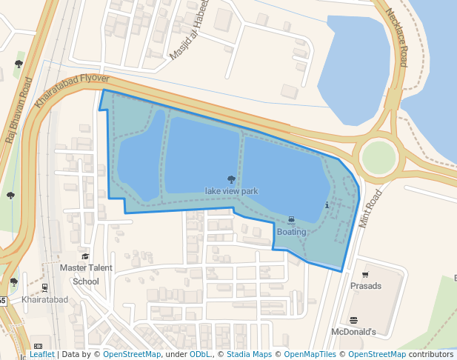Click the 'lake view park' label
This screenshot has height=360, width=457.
point(231,191)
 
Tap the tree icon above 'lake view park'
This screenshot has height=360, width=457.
point(231,179)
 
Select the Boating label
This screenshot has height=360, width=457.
point(291,232)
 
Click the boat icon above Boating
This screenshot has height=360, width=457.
point(291,220)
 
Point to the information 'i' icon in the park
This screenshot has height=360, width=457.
point(327,205)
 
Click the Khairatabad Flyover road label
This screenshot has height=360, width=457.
point(72,90)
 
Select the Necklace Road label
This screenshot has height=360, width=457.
point(393,41)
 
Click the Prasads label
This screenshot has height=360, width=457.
point(366,286)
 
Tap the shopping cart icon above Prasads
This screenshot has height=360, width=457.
point(365,275)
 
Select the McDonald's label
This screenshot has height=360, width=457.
point(354,332)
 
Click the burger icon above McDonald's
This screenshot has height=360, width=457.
point(353,321)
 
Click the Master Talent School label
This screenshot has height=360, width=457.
point(86,274)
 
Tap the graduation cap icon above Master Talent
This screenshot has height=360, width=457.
point(86,256)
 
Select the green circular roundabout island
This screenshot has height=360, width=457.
point(378,156)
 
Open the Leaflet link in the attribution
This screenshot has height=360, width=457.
point(41,355)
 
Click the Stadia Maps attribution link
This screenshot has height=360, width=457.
point(249,355)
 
